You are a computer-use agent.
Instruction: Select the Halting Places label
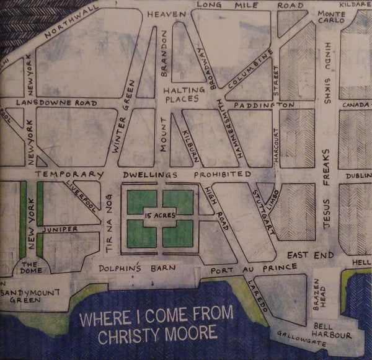[x=180, y=94]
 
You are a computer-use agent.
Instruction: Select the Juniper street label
[x=60, y=229]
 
